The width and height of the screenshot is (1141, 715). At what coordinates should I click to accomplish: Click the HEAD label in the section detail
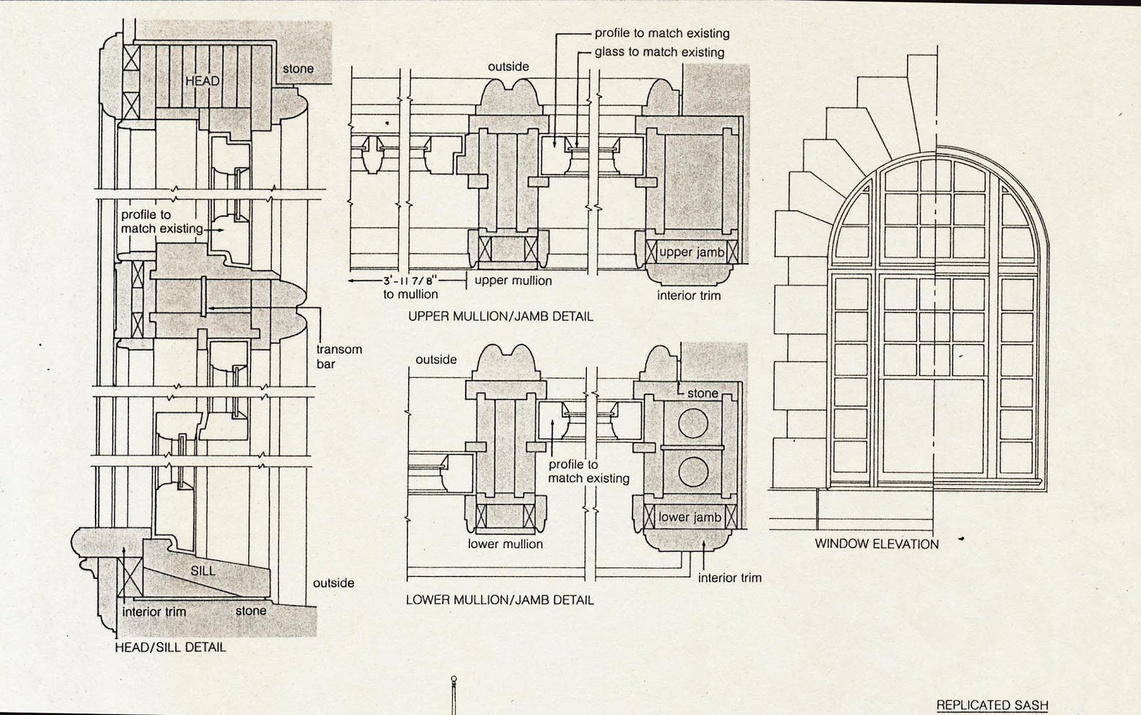[x=202, y=81]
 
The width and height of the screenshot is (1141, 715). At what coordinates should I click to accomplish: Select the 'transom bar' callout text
[x=339, y=356]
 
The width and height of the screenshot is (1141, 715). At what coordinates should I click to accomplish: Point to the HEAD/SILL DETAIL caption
[x=170, y=648]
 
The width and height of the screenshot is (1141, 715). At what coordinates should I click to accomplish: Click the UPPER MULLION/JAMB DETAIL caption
[x=500, y=317]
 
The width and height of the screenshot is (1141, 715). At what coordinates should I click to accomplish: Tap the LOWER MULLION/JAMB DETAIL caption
[x=499, y=600]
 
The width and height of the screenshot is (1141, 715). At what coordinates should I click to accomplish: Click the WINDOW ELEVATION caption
[x=876, y=544]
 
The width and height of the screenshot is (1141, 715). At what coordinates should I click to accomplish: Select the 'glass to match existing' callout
[x=659, y=52]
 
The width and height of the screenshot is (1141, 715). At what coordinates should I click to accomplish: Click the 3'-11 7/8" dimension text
[x=414, y=280]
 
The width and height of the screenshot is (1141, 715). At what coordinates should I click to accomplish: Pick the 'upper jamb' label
[x=691, y=252]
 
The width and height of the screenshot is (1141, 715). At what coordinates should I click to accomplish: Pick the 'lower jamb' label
[x=690, y=518]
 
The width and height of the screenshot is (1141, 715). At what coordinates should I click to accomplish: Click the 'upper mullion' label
[x=513, y=280]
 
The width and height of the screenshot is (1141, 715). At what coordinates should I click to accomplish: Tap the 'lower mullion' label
[x=505, y=544]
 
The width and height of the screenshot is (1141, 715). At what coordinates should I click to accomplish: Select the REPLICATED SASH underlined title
[x=992, y=705]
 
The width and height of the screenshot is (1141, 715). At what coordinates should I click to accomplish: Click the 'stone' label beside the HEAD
[x=297, y=69]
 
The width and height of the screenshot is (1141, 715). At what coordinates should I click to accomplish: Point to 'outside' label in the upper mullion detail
[x=508, y=67]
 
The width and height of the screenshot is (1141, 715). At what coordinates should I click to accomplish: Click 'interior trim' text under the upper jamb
[x=688, y=295]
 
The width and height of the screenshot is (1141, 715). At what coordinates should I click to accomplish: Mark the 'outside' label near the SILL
[x=333, y=583]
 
